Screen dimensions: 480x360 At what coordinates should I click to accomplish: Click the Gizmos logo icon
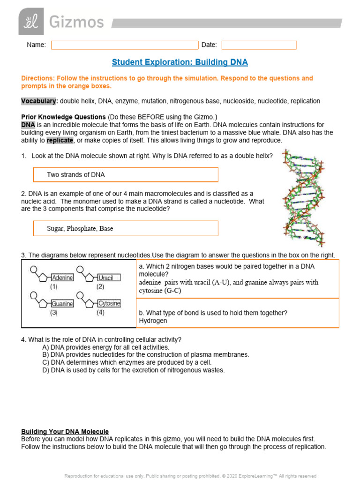31,21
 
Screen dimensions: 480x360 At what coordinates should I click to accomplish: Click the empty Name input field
125,45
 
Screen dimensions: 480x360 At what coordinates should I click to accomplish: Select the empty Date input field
259,45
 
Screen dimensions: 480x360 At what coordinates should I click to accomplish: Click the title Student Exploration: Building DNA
180,62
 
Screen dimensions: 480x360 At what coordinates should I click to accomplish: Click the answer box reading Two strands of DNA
126,175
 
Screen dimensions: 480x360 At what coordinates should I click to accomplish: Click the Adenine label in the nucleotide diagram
62,277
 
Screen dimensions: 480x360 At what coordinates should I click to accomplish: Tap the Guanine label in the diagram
62,303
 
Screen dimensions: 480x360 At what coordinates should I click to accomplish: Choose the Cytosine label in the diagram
109,303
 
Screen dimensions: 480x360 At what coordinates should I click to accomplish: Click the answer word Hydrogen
153,321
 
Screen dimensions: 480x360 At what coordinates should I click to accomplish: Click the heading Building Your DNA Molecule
65,431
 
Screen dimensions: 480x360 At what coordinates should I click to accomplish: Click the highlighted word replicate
60,140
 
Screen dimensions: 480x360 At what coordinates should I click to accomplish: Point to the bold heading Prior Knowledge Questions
63,117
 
